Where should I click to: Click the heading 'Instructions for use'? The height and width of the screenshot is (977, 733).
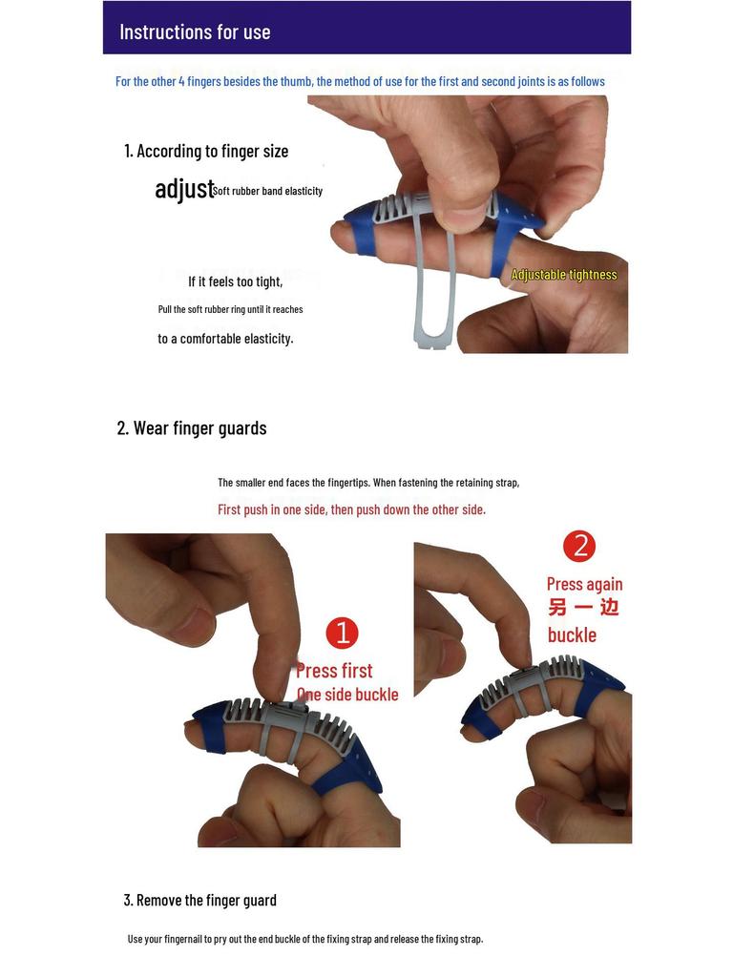tap(195, 31)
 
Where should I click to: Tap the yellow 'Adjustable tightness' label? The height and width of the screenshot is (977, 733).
tap(564, 275)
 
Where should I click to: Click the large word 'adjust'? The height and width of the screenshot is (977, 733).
tap(184, 189)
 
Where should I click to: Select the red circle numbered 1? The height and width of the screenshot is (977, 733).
tap(342, 634)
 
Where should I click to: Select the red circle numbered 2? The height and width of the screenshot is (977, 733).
tap(579, 546)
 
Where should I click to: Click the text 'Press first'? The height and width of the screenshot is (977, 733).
tap(334, 671)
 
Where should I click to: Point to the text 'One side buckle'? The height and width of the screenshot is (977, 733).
tap(347, 695)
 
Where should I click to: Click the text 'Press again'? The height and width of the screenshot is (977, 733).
tap(584, 584)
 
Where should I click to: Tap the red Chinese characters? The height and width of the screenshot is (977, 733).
tap(583, 608)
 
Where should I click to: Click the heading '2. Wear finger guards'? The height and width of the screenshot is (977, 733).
tap(192, 427)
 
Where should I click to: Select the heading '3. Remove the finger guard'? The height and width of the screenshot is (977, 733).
tap(200, 900)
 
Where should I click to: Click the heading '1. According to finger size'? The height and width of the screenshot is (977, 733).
tap(206, 151)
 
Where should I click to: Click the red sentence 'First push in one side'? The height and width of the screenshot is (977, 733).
tap(351, 509)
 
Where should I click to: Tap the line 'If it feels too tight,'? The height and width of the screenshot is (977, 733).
tap(235, 281)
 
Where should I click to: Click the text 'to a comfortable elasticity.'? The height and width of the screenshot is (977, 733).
tap(225, 339)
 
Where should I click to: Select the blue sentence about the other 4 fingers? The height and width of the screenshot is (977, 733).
tap(360, 81)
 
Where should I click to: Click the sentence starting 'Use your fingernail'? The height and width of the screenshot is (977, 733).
tap(305, 939)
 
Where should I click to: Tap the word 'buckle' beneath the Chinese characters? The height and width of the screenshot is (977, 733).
tap(572, 635)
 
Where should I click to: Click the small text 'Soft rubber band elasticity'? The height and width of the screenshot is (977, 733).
tap(268, 191)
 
